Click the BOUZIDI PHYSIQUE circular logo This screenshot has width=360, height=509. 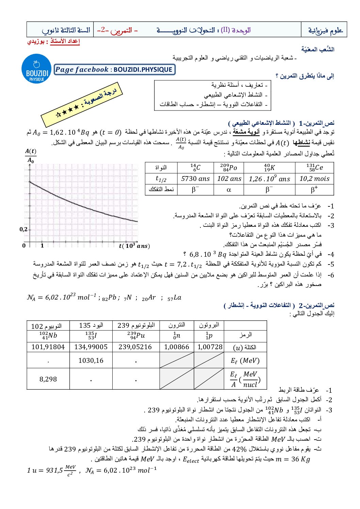pyautogui.click(x=36, y=69)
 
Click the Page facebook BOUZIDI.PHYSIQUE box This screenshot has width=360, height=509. pyautogui.click(x=115, y=70)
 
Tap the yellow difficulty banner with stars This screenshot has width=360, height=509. pyautogui.click(x=82, y=104)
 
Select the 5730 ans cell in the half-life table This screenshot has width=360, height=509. pyautogui.click(x=195, y=179)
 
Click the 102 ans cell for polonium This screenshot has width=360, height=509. pyautogui.click(x=229, y=179)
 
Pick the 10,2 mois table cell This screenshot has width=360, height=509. pyautogui.click(x=314, y=179)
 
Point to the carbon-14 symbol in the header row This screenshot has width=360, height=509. pyautogui.click(x=195, y=168)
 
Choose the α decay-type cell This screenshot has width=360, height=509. pyautogui.click(x=229, y=189)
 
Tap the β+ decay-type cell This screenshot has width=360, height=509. pyautogui.click(x=314, y=189)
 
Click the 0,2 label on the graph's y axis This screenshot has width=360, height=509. pyautogui.click(x=23, y=230)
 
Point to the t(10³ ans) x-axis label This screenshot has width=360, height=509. pyautogui.click(x=134, y=245)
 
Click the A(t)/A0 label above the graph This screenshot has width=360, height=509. pyautogui.click(x=31, y=155)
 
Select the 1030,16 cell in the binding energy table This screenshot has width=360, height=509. pyautogui.click(x=91, y=360)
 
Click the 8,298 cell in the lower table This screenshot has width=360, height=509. pyautogui.click(x=48, y=379)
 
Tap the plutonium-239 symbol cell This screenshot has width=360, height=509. pyautogui.click(x=136, y=336)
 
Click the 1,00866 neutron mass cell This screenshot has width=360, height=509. pyautogui.click(x=177, y=347)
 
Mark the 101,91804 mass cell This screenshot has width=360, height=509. pyautogui.click(x=48, y=347)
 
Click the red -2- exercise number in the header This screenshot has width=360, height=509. pyautogui.click(x=103, y=30)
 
